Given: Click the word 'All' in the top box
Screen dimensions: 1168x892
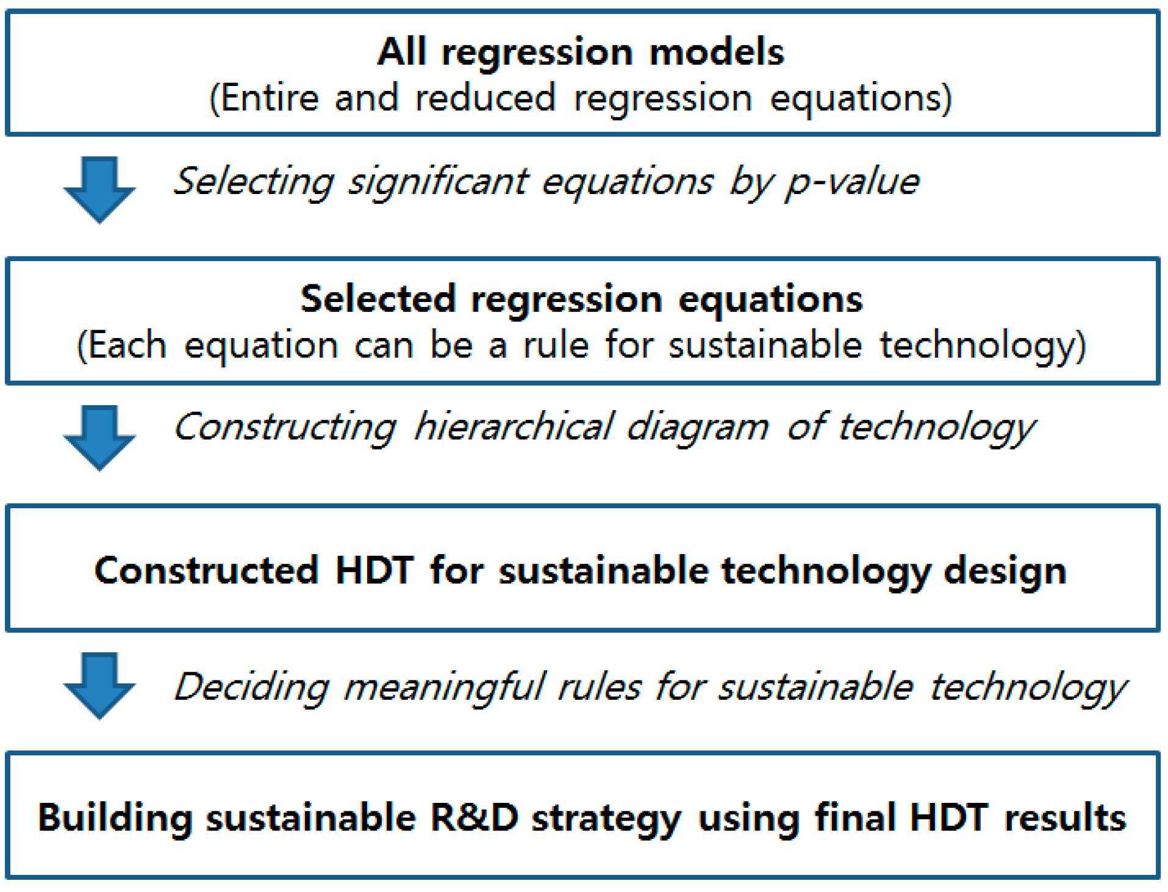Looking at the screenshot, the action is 401,51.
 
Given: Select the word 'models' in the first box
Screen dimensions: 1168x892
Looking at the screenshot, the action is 717,52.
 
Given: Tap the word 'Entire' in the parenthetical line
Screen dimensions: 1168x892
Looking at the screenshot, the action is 269,98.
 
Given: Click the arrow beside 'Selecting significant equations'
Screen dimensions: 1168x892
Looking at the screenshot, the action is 99,190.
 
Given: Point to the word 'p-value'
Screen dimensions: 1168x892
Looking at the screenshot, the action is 852,182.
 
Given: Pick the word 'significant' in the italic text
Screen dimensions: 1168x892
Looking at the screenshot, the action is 439,182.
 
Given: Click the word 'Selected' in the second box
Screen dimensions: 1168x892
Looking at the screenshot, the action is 378,299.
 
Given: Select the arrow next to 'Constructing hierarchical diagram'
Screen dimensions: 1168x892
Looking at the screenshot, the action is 99,437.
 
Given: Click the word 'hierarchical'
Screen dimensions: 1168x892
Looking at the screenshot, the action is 514,426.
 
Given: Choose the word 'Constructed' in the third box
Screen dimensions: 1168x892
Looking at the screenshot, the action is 206,570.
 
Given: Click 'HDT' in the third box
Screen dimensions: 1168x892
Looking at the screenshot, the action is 374,570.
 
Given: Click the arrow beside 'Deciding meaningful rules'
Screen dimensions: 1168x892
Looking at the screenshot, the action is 99,686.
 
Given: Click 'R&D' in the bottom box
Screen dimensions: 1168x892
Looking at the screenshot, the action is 475,818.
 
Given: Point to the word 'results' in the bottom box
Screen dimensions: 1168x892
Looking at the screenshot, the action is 1065,818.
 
